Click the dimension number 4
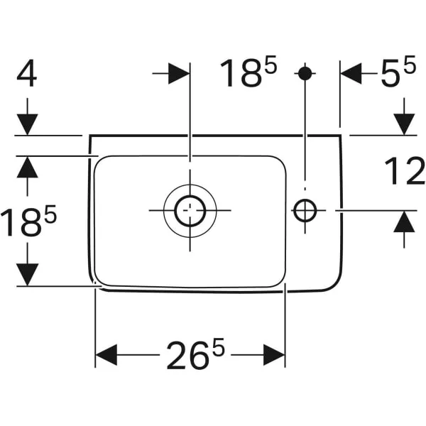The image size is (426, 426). pyautogui.click(x=27, y=75)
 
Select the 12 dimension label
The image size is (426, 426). pyautogui.click(x=404, y=172)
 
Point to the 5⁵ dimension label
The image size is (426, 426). pyautogui.click(x=398, y=75)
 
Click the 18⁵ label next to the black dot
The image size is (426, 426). pyautogui.click(x=248, y=74)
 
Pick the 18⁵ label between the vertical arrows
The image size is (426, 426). pyautogui.click(x=28, y=222)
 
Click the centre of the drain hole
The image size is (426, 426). pyautogui.click(x=190, y=210)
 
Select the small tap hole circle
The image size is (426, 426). pyautogui.click(x=305, y=210)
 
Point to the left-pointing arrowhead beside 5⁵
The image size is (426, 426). pyautogui.click(x=351, y=73)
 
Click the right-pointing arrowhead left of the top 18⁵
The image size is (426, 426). pyautogui.click(x=179, y=73)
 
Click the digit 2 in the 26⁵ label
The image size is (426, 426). pyautogui.click(x=177, y=356)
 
